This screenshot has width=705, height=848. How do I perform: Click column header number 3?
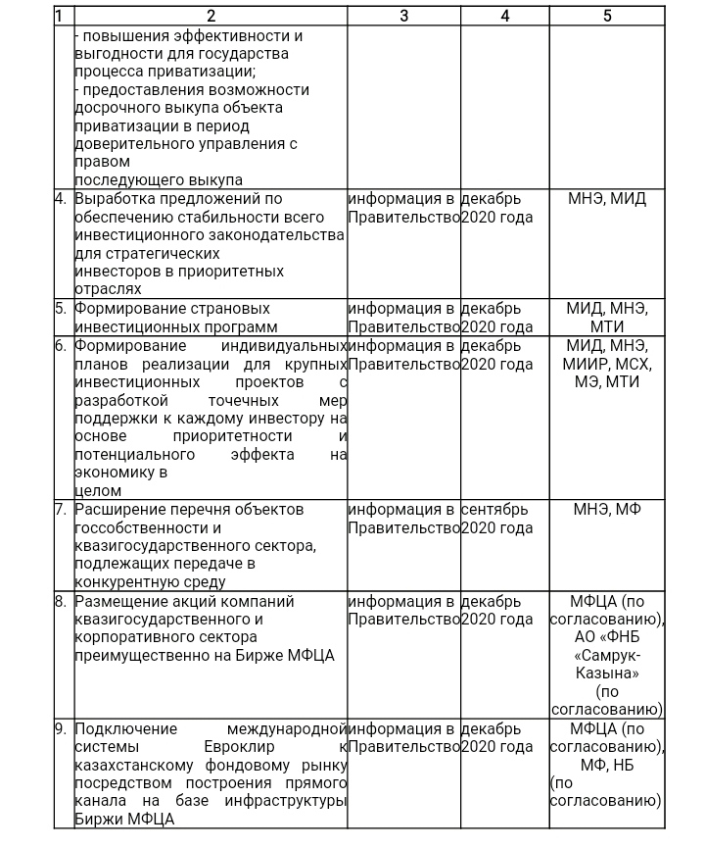(403, 16)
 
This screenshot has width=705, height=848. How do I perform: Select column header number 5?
(607, 16)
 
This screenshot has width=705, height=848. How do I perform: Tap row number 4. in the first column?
(61, 199)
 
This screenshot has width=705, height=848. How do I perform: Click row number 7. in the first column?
(61, 510)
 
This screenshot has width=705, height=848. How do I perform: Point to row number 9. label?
(61, 729)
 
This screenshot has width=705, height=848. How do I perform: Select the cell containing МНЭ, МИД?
(607, 199)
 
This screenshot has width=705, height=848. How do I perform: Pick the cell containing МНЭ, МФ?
(607, 510)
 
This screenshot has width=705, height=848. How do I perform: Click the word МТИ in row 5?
(607, 326)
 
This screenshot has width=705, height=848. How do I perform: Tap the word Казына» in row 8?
(607, 674)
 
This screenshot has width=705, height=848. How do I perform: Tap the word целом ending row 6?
(99, 490)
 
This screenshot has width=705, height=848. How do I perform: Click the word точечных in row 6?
(245, 401)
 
